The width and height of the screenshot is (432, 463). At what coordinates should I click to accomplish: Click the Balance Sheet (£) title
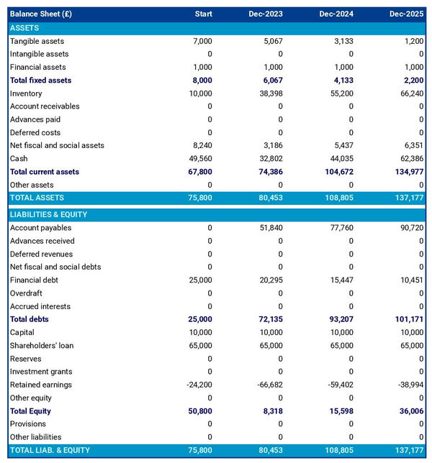click(41, 14)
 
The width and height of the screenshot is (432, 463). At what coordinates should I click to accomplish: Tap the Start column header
click(203, 14)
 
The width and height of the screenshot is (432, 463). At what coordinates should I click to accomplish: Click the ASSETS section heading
click(25, 28)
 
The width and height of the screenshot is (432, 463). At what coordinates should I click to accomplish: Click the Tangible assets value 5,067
click(273, 42)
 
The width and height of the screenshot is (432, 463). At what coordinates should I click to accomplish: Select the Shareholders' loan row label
click(42, 346)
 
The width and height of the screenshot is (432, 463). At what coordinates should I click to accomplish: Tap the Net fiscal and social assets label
click(57, 146)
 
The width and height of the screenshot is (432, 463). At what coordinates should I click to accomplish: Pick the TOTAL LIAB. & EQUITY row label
click(50, 450)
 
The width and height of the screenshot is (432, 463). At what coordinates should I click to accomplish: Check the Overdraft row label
click(26, 293)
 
